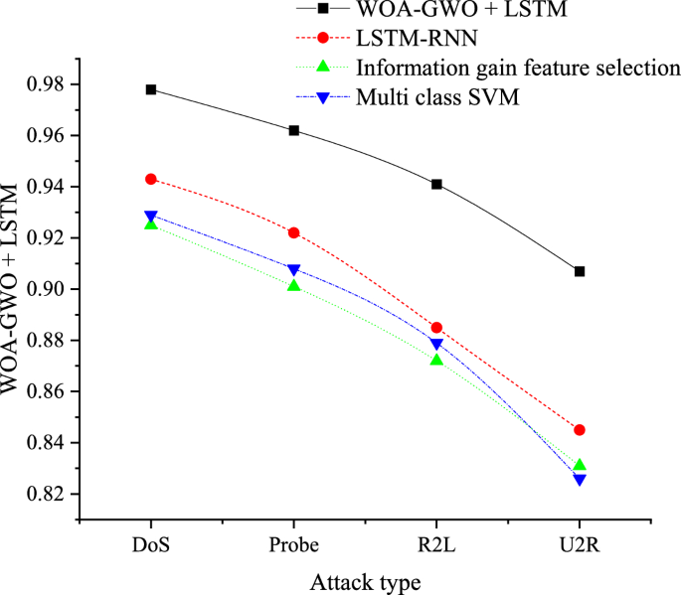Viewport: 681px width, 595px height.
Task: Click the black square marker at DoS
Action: coord(151,89)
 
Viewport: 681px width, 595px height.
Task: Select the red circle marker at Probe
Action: coord(293,232)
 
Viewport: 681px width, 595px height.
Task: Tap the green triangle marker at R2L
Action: coord(436,359)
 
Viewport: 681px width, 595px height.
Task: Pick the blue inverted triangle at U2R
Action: coord(580,480)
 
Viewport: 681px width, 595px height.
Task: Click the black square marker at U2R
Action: coord(580,271)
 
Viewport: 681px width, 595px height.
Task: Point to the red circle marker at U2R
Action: coord(580,430)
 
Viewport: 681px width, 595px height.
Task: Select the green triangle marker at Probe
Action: coord(293,285)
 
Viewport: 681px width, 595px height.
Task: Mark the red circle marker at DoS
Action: coord(151,179)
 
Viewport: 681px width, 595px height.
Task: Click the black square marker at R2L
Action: coord(436,184)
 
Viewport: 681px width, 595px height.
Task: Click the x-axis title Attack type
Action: coord(365,581)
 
